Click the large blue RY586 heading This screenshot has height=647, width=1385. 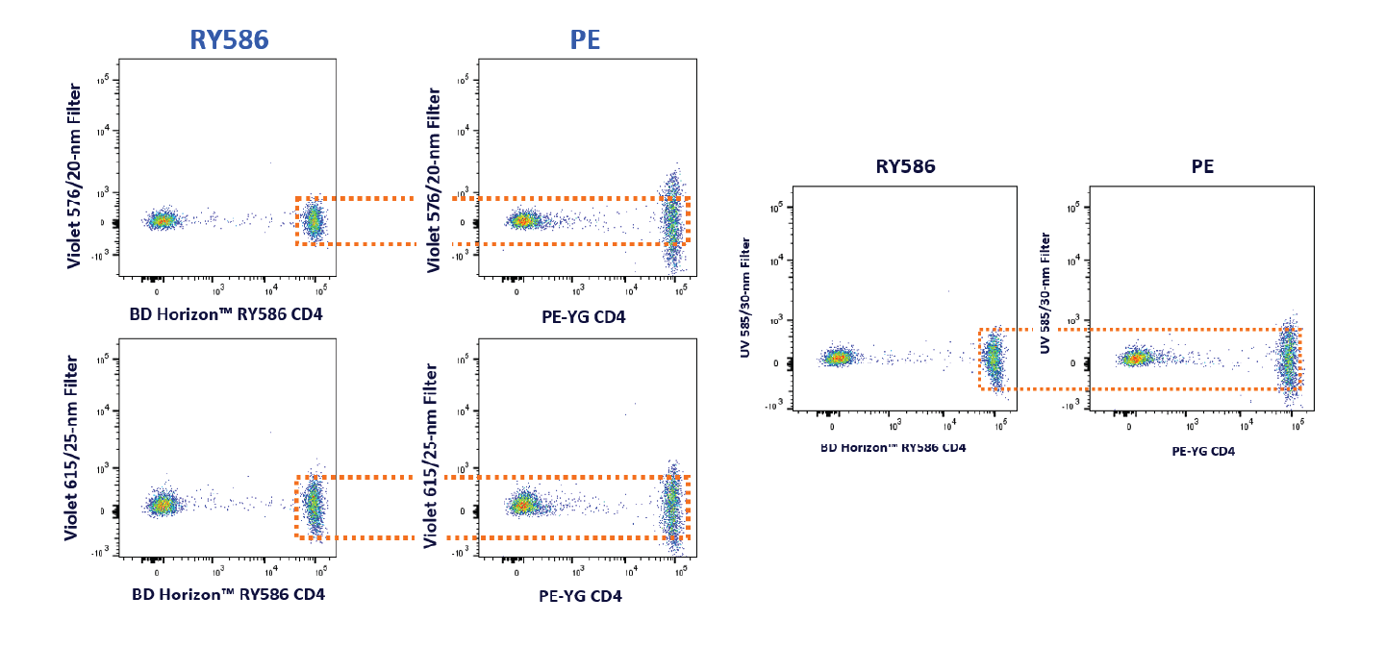point(228,39)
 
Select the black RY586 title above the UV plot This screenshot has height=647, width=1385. point(905,166)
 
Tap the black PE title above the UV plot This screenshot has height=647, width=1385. point(1202,166)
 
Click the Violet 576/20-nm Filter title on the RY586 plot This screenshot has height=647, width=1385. point(74,178)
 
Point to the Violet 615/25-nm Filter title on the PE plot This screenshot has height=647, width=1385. point(433,455)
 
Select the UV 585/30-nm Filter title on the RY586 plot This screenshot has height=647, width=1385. point(745,298)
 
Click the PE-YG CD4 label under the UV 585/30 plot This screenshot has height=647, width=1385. point(1202,451)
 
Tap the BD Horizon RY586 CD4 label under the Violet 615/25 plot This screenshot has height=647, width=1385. point(228,594)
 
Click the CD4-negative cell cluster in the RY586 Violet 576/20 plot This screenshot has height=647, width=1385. point(162,220)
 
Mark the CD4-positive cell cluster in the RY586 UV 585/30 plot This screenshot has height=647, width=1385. point(994,359)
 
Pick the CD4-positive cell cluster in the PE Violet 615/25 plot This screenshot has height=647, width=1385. point(673,505)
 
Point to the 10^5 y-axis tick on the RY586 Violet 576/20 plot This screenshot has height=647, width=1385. point(105,81)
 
